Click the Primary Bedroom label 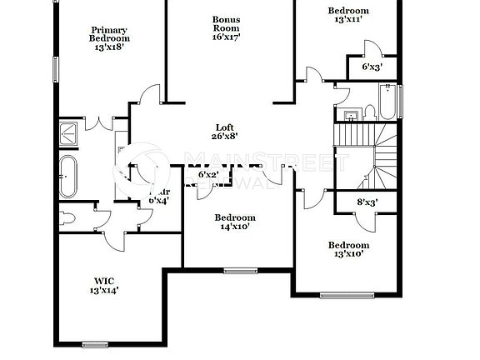[109, 33]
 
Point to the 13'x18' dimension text [109, 48]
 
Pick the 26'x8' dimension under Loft [225, 136]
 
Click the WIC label [104, 281]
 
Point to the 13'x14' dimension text [104, 291]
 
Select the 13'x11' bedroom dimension [347, 19]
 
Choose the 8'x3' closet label [367, 202]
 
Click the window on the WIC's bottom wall [95, 344]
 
